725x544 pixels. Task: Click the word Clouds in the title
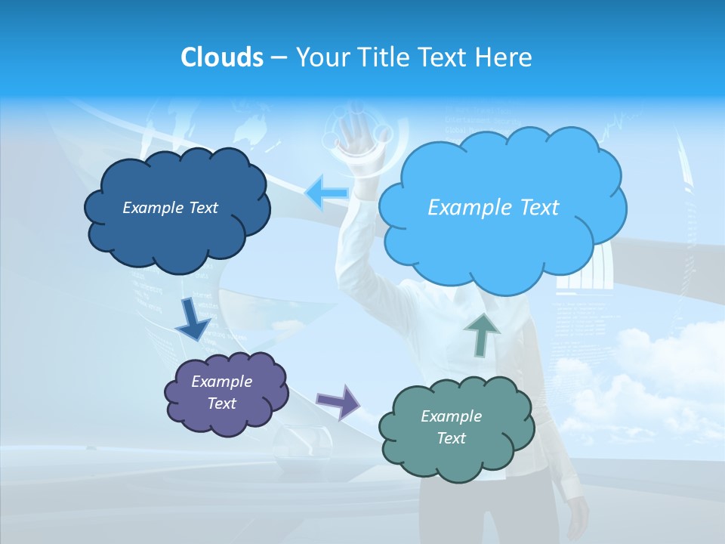[x=221, y=57]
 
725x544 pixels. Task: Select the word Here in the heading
[x=505, y=57]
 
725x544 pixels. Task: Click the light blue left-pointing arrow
[x=326, y=193]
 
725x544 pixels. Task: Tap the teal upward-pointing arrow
[x=482, y=333]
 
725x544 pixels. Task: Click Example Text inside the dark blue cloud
[x=170, y=208]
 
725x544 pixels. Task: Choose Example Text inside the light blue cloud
[x=493, y=208]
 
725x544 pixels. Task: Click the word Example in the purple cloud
[x=221, y=382]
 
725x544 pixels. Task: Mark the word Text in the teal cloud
[x=451, y=438]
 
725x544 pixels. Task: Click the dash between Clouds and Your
[x=279, y=58]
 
